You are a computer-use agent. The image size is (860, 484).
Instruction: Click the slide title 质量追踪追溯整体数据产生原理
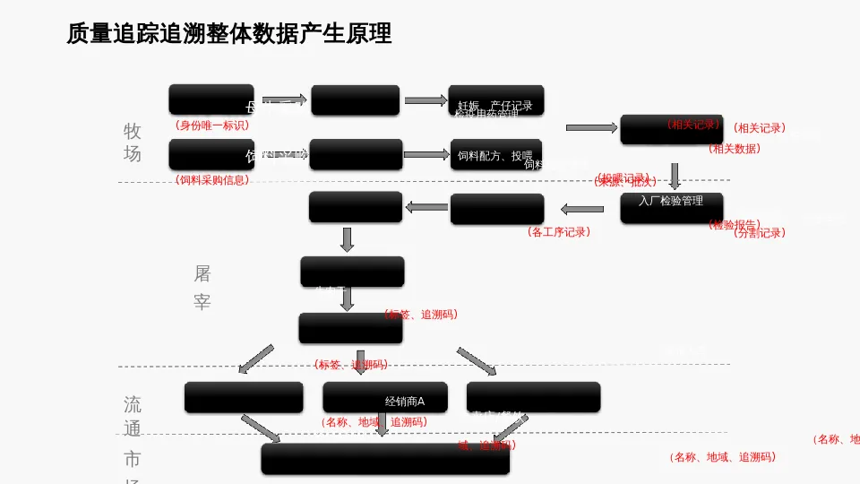(228, 33)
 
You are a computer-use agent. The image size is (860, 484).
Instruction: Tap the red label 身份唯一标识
(212, 125)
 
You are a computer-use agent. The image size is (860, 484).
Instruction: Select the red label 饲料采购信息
(212, 180)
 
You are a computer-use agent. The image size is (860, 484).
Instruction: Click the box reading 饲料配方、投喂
(495, 154)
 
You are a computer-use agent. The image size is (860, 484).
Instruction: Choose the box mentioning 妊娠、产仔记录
(495, 100)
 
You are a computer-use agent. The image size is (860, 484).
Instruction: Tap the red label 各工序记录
(559, 232)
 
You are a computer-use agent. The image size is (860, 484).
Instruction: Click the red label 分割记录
(759, 233)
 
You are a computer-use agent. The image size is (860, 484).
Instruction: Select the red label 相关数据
(735, 149)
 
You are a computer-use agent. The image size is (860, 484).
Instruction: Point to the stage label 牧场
(133, 143)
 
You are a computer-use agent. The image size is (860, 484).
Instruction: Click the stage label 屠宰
(202, 288)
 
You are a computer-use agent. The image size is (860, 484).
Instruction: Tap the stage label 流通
(133, 416)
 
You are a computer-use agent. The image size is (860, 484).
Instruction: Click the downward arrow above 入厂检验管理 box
(675, 175)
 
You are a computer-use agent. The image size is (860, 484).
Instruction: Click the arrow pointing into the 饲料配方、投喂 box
(426, 154)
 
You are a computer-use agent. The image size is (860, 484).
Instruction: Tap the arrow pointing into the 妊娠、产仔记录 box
(425, 100)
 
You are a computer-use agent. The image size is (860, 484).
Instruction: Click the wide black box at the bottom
(385, 458)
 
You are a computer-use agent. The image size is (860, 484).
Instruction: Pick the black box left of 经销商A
(244, 397)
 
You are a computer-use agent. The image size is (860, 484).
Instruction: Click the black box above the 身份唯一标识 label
(211, 99)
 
